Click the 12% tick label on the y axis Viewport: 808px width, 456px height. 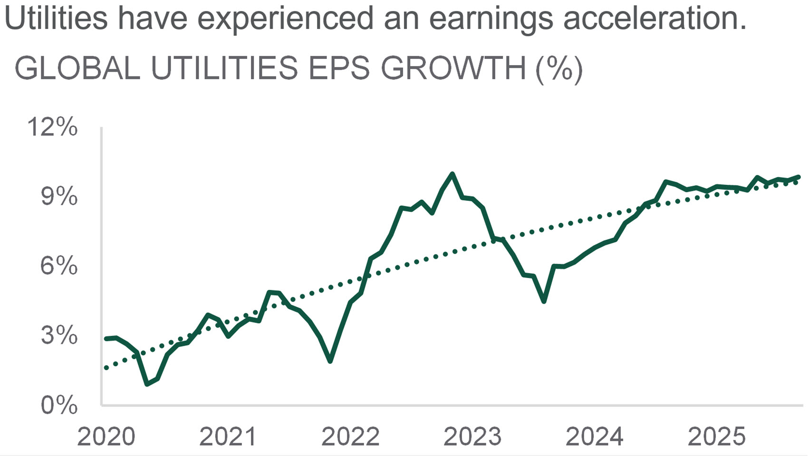pyautogui.click(x=52, y=127)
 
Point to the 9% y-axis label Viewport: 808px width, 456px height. pyautogui.click(x=59, y=197)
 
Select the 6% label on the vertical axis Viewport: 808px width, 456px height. pyautogui.click(x=59, y=266)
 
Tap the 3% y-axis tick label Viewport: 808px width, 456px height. pyautogui.click(x=59, y=335)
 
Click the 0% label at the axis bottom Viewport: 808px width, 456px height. pyautogui.click(x=59, y=405)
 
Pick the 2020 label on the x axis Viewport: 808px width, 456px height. pyautogui.click(x=106, y=437)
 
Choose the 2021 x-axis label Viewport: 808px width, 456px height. pyautogui.click(x=228, y=437)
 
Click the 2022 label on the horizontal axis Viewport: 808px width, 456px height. pyautogui.click(x=350, y=437)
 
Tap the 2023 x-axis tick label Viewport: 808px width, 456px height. pyautogui.click(x=472, y=437)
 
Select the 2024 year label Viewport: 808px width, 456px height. pyautogui.click(x=594, y=437)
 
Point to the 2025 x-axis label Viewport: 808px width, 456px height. pyautogui.click(x=716, y=437)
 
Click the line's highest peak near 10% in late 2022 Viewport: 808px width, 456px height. pyautogui.click(x=452, y=174)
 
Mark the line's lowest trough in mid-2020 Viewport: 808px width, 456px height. pyautogui.click(x=147, y=384)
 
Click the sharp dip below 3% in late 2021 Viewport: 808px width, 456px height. pyautogui.click(x=330, y=361)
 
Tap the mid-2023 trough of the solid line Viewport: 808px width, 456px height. pyautogui.click(x=544, y=301)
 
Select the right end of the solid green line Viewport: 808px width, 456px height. pyautogui.click(x=798, y=177)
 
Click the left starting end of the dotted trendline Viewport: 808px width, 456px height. pyautogui.click(x=106, y=368)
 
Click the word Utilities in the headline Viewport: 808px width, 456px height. pyautogui.click(x=56, y=18)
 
